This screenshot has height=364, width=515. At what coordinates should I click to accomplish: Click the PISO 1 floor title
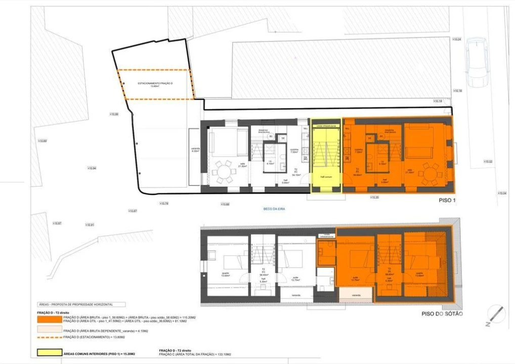coord(447,201)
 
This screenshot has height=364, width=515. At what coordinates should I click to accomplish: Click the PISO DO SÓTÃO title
coord(442,314)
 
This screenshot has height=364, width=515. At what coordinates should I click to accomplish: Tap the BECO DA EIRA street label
coord(274,208)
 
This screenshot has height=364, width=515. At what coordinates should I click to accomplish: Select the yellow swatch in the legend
coord(49,353)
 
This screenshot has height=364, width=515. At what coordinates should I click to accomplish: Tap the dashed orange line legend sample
coord(49,337)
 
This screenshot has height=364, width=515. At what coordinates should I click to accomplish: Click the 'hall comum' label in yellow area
coord(325,177)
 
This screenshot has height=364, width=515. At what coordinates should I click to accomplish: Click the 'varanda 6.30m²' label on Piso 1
coord(195,150)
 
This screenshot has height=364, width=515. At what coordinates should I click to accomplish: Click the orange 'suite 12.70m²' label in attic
coord(356,278)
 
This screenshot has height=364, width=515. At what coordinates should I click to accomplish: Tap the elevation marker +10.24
coord(457,39)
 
